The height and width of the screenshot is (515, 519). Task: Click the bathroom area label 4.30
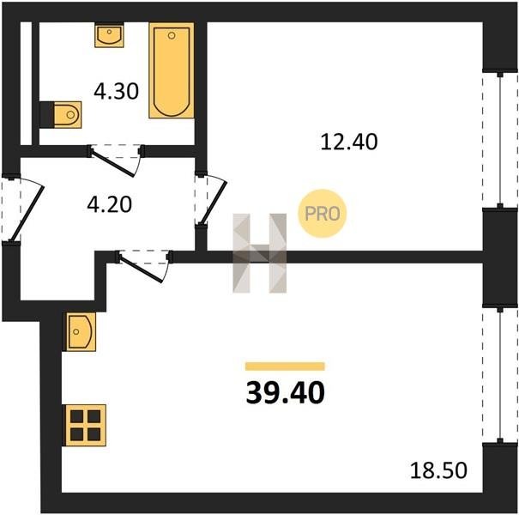[116, 91]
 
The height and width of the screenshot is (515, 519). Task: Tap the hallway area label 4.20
[110, 204]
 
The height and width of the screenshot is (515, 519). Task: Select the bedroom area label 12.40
[349, 142]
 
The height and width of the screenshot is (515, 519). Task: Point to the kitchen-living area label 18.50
[438, 470]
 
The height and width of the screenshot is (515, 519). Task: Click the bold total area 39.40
[286, 393]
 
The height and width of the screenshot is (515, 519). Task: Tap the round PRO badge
[322, 213]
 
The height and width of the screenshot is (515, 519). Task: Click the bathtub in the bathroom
[172, 70]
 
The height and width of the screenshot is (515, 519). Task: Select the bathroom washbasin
[109, 35]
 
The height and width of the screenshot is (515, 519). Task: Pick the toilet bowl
[67, 115]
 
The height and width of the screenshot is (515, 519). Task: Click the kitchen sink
[81, 331]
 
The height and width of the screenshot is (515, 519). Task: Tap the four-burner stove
[86, 425]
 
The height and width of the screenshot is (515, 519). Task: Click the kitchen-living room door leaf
[142, 269]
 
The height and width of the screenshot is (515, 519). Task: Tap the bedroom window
[500, 140]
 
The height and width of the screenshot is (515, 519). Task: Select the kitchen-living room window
[500, 375]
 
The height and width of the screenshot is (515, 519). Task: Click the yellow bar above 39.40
[285, 367]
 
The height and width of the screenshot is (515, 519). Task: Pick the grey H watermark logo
[259, 253]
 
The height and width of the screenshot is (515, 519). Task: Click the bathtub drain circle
[172, 35]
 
